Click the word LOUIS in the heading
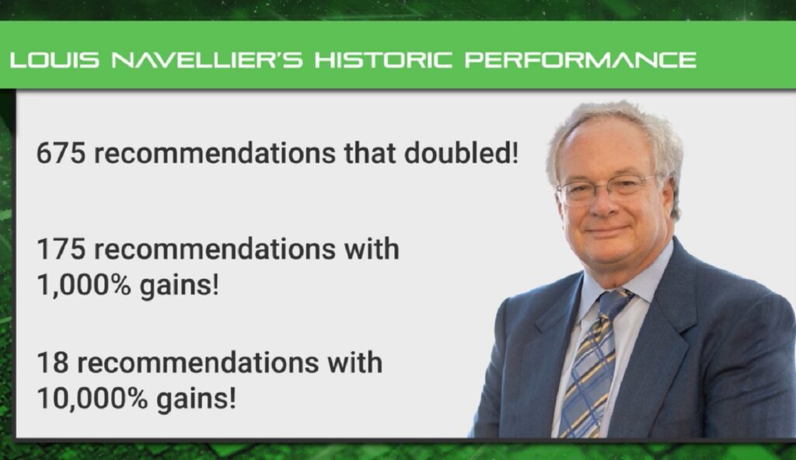(x=55, y=60)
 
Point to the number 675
(x=61, y=152)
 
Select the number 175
(x=61, y=250)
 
